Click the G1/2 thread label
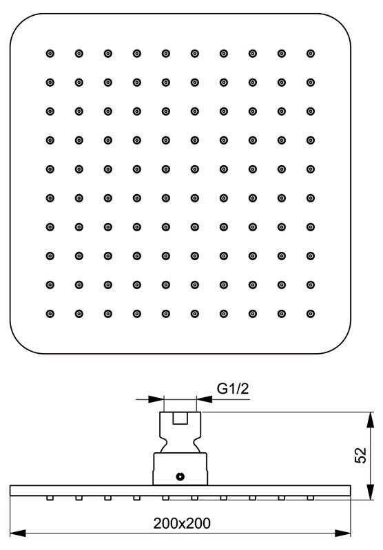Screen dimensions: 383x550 click(233, 389)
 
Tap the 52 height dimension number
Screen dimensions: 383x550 click(360, 455)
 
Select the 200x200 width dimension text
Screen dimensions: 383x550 click(182, 523)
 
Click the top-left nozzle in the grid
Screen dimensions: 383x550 click(50, 54)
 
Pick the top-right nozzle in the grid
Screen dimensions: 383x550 click(311, 54)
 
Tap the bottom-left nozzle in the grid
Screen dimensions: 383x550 click(50, 314)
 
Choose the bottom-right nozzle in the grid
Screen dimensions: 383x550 click(311, 314)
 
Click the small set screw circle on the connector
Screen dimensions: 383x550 click(180, 476)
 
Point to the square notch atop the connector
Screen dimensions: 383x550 click(180, 418)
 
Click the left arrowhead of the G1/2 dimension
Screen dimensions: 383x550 click(156, 399)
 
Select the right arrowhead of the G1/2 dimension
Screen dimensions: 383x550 click(205, 399)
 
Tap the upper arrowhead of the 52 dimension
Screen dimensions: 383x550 click(371, 420)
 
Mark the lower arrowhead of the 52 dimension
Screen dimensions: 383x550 click(371, 491)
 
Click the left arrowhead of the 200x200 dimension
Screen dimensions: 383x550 click(18, 533)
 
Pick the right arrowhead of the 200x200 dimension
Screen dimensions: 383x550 click(342, 533)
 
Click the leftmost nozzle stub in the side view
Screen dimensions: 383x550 click(50, 498)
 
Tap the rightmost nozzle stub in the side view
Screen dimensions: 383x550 click(311, 498)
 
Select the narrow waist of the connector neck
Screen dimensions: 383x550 click(180, 446)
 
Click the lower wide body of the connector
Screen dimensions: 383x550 click(180, 469)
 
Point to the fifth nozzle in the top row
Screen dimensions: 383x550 click(166, 54)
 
